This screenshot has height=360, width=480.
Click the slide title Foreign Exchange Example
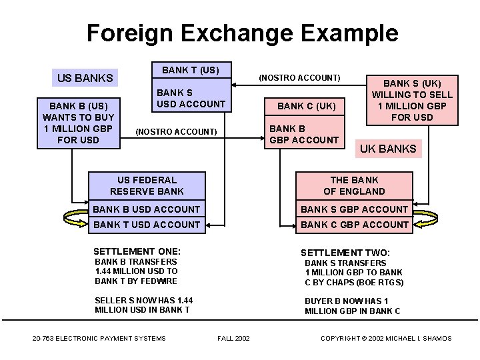(242, 33)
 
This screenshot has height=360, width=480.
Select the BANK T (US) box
(191, 70)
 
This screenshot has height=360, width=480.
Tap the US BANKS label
(85, 78)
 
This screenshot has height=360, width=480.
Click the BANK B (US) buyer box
(79, 122)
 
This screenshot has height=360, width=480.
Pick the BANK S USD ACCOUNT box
(191, 98)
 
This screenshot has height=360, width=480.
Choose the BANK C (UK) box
(307, 106)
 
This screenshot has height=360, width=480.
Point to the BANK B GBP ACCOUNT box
(303, 134)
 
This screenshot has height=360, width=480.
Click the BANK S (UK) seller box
(412, 100)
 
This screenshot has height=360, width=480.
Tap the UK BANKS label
(388, 149)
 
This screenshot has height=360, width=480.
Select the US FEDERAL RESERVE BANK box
(147, 185)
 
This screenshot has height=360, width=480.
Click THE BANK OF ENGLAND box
(354, 185)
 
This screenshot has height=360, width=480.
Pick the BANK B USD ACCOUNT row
(147, 209)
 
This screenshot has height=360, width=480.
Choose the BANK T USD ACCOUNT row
(147, 225)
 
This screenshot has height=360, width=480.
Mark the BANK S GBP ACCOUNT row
(354, 209)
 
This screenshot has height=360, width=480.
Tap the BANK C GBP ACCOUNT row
(354, 225)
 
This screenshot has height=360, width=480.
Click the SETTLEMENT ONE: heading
(137, 251)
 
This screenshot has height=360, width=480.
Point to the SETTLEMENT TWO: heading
(345, 253)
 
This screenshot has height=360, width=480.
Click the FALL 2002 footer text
(233, 339)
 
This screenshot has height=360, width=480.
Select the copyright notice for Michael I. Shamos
(386, 339)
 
